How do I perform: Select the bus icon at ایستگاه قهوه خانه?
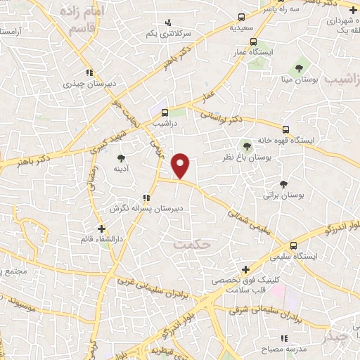pos(285,129)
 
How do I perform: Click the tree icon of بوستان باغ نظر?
pos(247,146)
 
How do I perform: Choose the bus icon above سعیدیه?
pos(241,17)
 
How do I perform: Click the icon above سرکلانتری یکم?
pos(167,22)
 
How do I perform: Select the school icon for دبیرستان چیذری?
pos(89,72)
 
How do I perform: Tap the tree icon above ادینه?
pos(121,158)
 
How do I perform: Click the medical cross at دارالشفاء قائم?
pos(102,229)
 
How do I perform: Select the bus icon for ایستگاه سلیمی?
pos(294,244)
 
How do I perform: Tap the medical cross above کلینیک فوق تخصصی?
pos(245,269)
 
